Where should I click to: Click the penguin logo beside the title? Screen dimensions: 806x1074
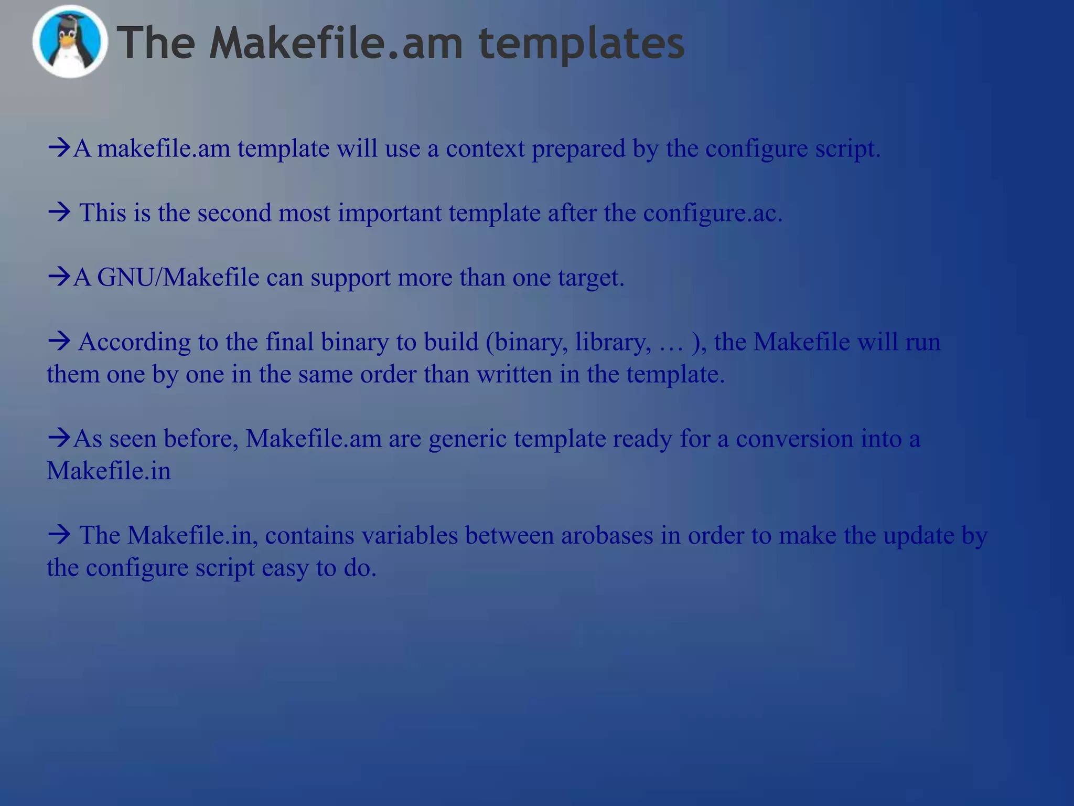(70, 42)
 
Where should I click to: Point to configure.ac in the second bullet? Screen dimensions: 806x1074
(713, 214)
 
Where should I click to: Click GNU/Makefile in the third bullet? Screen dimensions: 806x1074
(178, 278)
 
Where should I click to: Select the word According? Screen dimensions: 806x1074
(135, 342)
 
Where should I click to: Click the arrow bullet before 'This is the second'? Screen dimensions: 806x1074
(59, 213)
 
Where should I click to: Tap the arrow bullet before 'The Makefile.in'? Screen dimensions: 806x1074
(59, 535)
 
